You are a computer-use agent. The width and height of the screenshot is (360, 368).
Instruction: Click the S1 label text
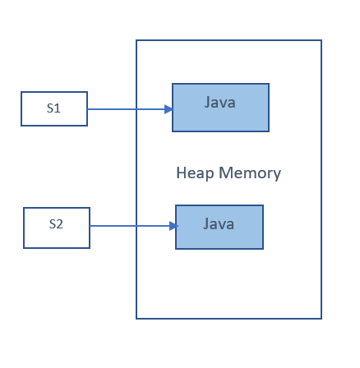pyautogui.click(x=53, y=108)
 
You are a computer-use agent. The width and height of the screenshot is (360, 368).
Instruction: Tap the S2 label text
pyautogui.click(x=56, y=223)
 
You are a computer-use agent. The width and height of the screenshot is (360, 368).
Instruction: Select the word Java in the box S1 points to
pyautogui.click(x=220, y=103)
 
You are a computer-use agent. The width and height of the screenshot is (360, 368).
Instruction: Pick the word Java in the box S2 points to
pyautogui.click(x=219, y=223)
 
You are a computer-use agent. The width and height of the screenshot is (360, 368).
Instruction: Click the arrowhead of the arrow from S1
pyautogui.click(x=168, y=109)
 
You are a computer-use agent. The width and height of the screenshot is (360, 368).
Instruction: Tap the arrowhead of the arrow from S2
pyautogui.click(x=173, y=226)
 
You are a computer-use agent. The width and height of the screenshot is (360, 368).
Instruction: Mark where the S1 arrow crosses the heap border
pyautogui.click(x=136, y=109)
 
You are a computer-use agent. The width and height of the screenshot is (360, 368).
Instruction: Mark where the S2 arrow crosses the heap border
pyautogui.click(x=136, y=226)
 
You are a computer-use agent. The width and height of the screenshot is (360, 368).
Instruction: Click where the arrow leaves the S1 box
pyautogui.click(x=87, y=109)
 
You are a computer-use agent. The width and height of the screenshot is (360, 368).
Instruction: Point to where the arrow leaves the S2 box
pyautogui.click(x=90, y=226)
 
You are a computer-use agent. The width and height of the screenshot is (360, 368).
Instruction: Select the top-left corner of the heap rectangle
pyautogui.click(x=136, y=40)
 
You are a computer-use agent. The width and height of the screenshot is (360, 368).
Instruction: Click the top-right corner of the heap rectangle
pyautogui.click(x=321, y=40)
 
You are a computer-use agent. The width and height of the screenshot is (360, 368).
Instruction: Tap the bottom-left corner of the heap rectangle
pyautogui.click(x=136, y=318)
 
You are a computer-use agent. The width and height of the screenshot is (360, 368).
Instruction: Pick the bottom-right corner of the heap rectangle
pyautogui.click(x=321, y=318)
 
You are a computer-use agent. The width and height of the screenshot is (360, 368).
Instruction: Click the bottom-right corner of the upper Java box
pyautogui.click(x=269, y=131)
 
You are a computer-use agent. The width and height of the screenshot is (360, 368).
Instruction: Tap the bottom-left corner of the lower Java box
pyautogui.click(x=176, y=249)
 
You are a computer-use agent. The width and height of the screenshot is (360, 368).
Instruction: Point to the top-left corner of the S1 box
pyautogui.click(x=21, y=92)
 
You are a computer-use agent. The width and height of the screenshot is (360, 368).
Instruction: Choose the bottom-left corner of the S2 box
pyautogui.click(x=24, y=247)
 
